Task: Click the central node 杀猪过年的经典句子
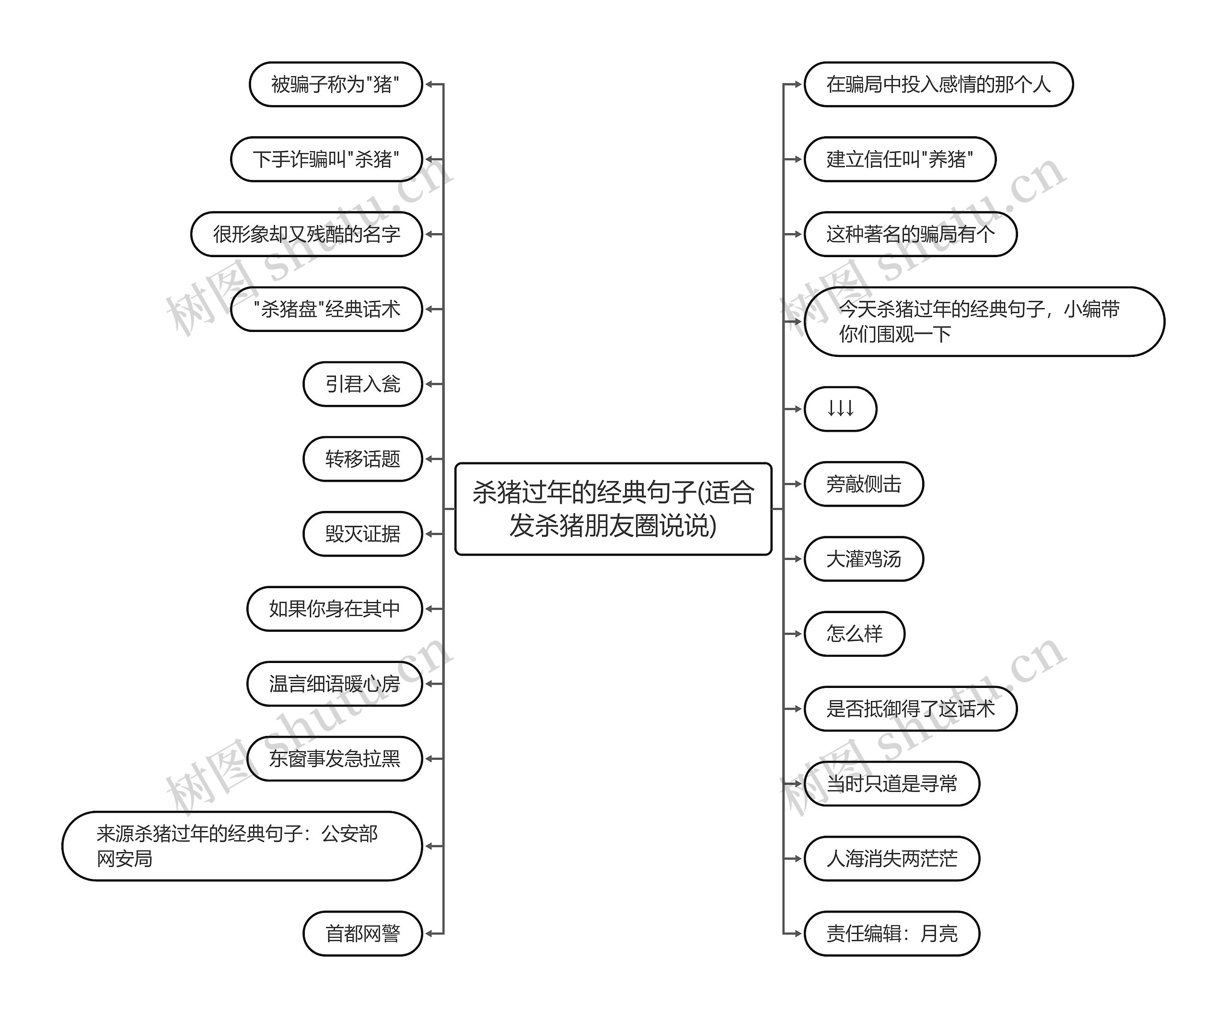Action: point(613,509)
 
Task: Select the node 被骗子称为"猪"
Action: point(336,84)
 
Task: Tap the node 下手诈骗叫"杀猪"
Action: point(326,159)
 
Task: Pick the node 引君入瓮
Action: point(362,384)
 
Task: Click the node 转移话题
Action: point(362,459)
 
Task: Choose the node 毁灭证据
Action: point(362,534)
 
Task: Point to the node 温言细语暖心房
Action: point(334,684)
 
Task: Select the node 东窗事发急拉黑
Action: point(334,758)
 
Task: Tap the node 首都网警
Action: point(362,933)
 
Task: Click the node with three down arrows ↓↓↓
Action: point(840,409)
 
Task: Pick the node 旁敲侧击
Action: point(864,484)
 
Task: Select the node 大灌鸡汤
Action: point(864,559)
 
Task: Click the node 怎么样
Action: point(854,634)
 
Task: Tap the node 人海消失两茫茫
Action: point(891,858)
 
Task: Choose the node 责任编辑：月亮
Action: point(891,933)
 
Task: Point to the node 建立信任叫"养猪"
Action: point(900,159)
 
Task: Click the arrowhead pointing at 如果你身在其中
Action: point(429,609)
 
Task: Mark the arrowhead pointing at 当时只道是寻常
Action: point(798,783)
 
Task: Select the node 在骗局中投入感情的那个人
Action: point(938,84)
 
